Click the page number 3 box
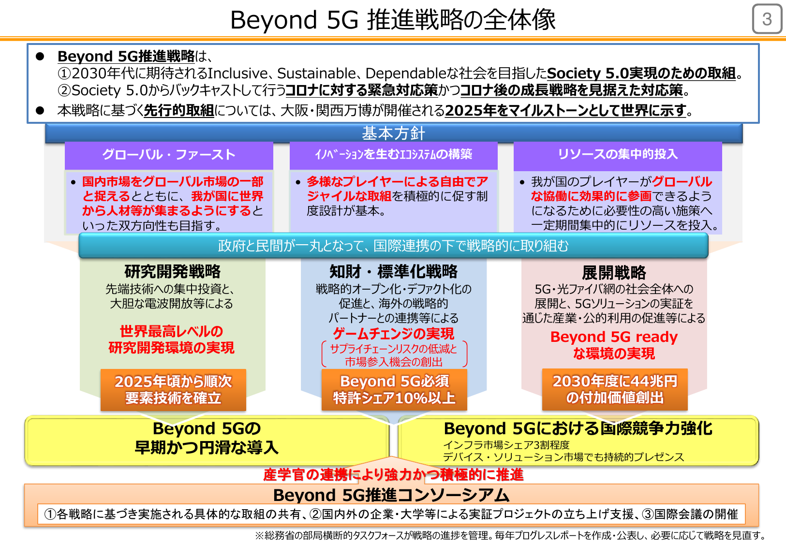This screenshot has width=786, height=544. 767,19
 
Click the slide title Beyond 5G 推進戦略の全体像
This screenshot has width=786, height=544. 393,20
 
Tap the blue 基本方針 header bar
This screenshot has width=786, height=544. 393,133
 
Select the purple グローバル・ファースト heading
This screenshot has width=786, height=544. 169,155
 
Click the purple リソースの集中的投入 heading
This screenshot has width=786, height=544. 618,154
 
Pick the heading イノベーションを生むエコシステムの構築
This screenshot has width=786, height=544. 393,154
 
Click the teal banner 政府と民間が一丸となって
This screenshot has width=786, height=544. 393,246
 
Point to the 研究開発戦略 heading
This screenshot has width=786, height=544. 172,271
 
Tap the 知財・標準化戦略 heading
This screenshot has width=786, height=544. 393,271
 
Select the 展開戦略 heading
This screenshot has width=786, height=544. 614,273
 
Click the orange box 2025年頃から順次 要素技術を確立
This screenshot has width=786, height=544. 173,390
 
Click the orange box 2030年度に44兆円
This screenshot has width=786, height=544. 615,389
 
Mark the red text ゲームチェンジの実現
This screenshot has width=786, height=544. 393,334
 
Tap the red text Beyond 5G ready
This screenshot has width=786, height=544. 614,337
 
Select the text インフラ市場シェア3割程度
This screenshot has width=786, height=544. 506,445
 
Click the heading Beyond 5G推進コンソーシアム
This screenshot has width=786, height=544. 391,495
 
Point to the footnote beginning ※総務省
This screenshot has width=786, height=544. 510,535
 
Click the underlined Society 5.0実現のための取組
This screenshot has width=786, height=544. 641,73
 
